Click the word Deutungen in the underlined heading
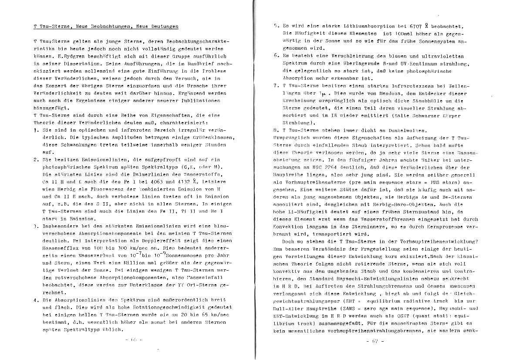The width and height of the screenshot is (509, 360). click(x=164, y=27)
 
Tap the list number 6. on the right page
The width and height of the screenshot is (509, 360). click(x=276, y=56)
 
